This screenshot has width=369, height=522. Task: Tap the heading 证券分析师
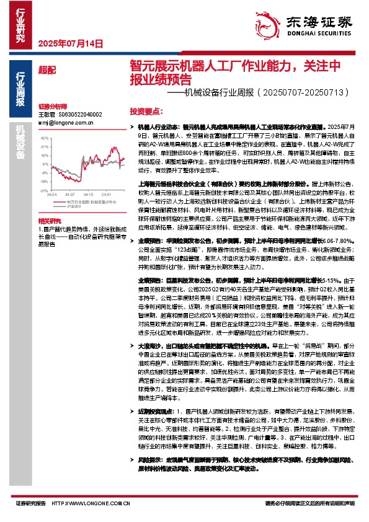[50, 107]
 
